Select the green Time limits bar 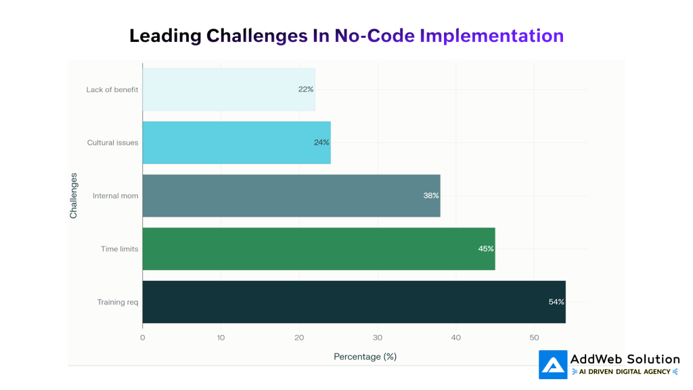[x=318, y=248]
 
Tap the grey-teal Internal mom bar [x=291, y=196]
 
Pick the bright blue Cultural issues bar [x=236, y=142]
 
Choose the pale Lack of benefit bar [x=228, y=89]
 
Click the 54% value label [x=556, y=302]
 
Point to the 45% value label [x=486, y=248]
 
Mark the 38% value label [x=431, y=196]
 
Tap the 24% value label [x=321, y=142]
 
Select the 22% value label [x=306, y=89]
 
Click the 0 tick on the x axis [x=143, y=337]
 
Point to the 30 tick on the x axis [x=378, y=337]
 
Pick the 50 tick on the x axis [x=534, y=337]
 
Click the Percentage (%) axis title [x=365, y=356]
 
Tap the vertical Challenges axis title [x=74, y=196]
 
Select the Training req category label [x=118, y=302]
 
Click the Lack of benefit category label [x=112, y=89]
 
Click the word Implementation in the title [x=491, y=35]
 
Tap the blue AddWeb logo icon [x=553, y=364]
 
